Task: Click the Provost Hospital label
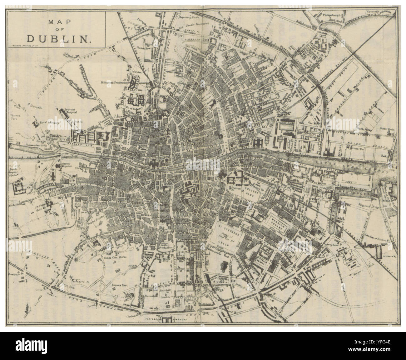(x=71, y=110)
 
